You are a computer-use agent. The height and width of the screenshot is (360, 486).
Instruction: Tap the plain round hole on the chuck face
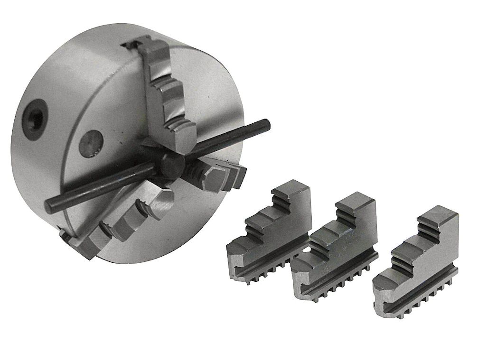[x=92, y=143]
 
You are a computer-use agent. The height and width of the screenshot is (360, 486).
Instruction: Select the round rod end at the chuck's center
[x=172, y=164]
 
